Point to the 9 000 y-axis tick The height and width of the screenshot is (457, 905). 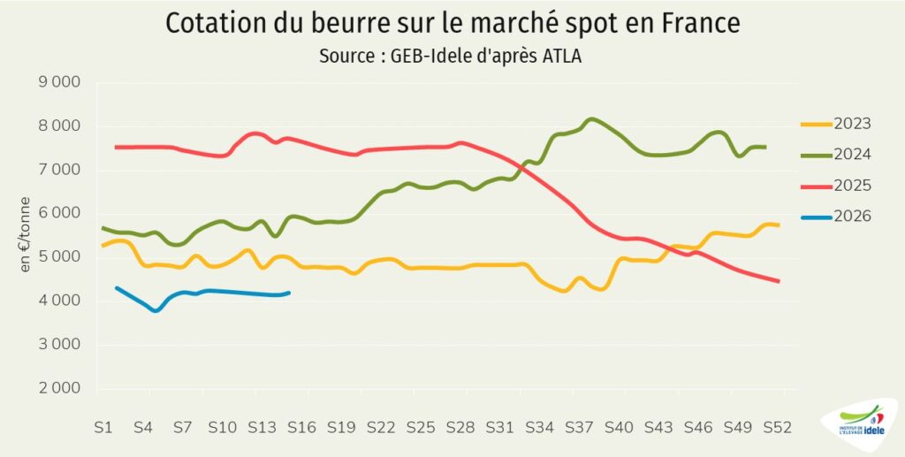(58, 82)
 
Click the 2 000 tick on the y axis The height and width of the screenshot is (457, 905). (58, 388)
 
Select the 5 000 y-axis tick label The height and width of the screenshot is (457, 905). (58, 257)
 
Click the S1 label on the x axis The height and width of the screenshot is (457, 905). (103, 426)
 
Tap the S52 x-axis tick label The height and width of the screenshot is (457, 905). (778, 426)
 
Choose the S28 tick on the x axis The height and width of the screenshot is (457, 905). (460, 426)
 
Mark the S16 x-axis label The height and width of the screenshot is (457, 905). (301, 426)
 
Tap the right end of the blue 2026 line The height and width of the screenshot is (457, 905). (289, 293)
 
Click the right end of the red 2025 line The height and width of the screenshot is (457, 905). (778, 281)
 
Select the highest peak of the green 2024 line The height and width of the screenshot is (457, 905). (591, 118)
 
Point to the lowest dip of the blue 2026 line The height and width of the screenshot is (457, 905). (156, 310)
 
